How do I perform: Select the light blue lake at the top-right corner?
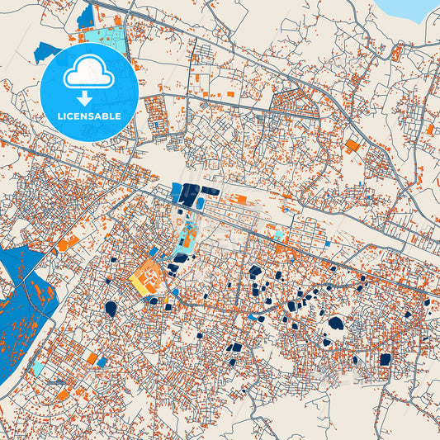(409, 7)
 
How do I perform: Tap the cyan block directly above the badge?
(106, 40)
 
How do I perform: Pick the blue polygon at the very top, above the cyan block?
(85, 15)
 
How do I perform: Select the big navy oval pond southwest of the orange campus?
(111, 309)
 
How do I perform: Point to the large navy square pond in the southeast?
(385, 360)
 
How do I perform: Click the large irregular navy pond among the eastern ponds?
(335, 323)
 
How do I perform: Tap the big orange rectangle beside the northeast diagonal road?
(352, 146)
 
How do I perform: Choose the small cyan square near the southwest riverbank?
(38, 367)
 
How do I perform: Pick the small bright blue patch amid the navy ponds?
(252, 316)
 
